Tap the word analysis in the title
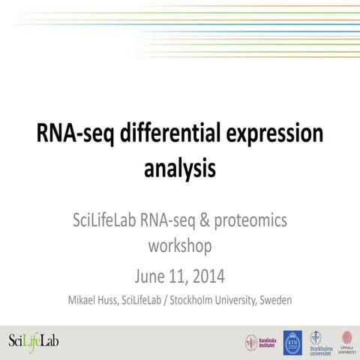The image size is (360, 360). coord(180,167)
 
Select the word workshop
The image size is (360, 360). coord(180,246)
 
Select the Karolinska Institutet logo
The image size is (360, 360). coord(259,342)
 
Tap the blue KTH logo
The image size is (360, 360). coord(292,342)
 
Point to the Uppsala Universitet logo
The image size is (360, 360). coord(346,341)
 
